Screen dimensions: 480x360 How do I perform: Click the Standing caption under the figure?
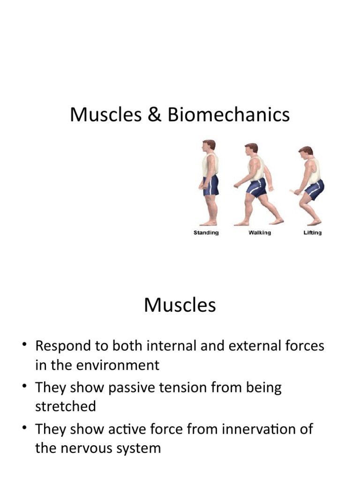coord(206,233)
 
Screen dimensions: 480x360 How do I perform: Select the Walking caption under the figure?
coord(259,233)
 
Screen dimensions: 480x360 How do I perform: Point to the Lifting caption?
coord(312,233)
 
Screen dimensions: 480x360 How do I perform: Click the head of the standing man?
coord(210,146)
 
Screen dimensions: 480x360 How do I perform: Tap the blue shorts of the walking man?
coord(257,187)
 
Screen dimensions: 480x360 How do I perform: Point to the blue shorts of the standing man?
coord(211,185)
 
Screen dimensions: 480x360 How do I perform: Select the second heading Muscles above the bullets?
coord(180,305)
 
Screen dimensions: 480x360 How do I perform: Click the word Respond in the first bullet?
coord(65,346)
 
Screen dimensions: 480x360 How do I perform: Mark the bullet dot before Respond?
coord(24,346)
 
